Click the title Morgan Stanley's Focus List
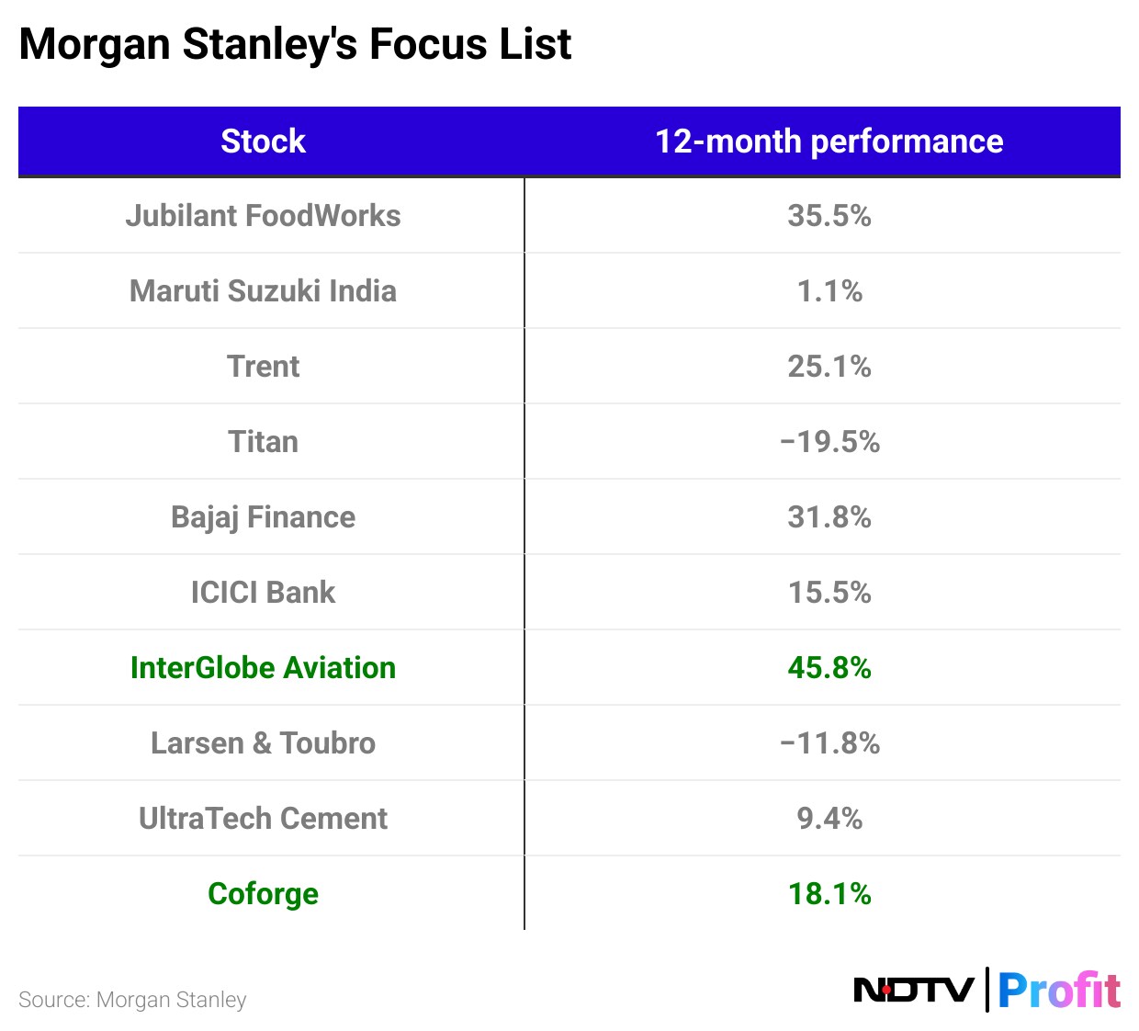295,44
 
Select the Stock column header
263,142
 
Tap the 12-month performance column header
829,142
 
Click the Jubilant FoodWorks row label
263,216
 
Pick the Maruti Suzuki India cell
263,291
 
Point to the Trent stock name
263,367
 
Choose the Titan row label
263,442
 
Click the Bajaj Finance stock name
263,517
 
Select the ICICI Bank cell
263,593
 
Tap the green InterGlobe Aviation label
263,668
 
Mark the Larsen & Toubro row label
263,743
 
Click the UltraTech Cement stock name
263,819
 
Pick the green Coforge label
263,894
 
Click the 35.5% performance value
829,216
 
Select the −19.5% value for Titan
829,442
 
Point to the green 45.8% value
829,668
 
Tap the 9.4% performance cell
829,819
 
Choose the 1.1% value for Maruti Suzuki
829,291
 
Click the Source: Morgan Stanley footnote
132,1000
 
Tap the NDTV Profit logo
987,991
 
